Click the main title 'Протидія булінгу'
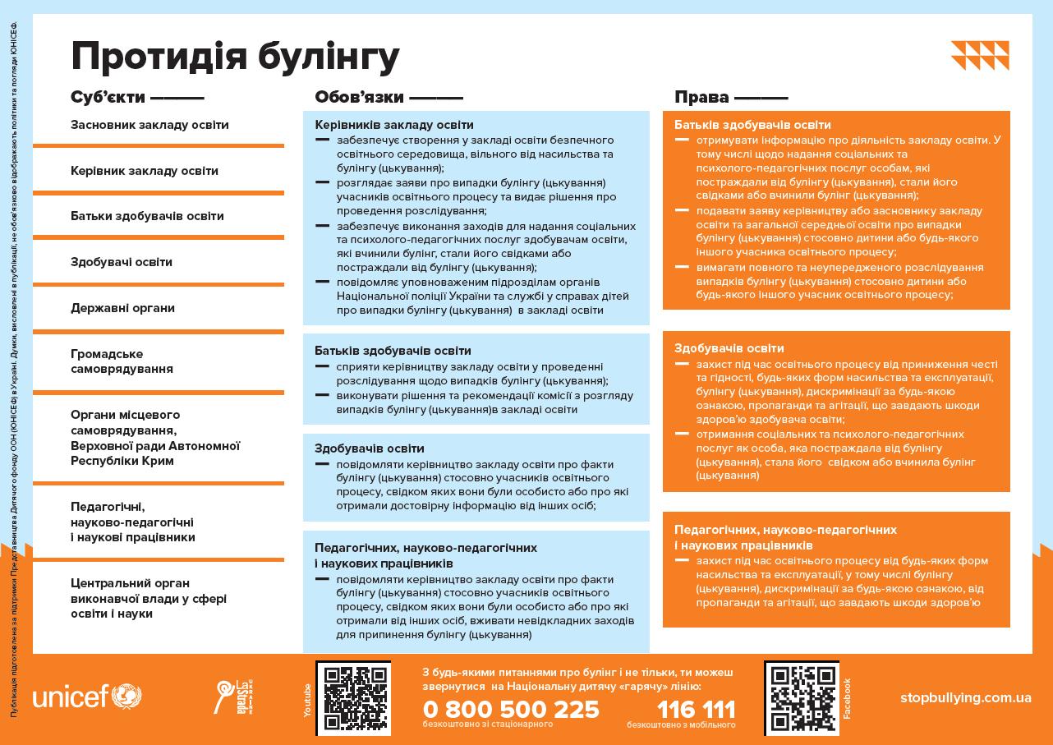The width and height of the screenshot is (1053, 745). tap(235, 56)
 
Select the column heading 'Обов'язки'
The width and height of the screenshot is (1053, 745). tap(359, 97)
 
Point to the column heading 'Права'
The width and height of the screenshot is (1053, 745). tap(701, 97)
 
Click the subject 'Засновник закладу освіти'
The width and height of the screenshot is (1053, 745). tap(149, 125)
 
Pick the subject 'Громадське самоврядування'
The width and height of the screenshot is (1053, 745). tap(122, 361)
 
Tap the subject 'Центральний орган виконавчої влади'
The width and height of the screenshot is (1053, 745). tap(148, 599)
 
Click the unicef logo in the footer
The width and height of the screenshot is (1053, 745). tap(87, 697)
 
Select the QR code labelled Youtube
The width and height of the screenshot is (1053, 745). tap(353, 697)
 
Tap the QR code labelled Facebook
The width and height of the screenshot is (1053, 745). tap(801, 697)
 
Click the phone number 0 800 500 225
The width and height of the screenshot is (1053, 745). tap(511, 709)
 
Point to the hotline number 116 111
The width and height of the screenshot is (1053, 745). tap(696, 709)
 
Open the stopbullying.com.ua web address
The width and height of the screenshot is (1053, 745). tap(965, 697)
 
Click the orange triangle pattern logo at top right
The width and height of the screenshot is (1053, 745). tap(980, 56)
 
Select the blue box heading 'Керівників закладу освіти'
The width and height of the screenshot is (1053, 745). tap(394, 125)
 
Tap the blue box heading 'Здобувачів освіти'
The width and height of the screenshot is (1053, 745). tap(370, 448)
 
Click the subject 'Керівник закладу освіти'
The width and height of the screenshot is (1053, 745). tap(145, 171)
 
